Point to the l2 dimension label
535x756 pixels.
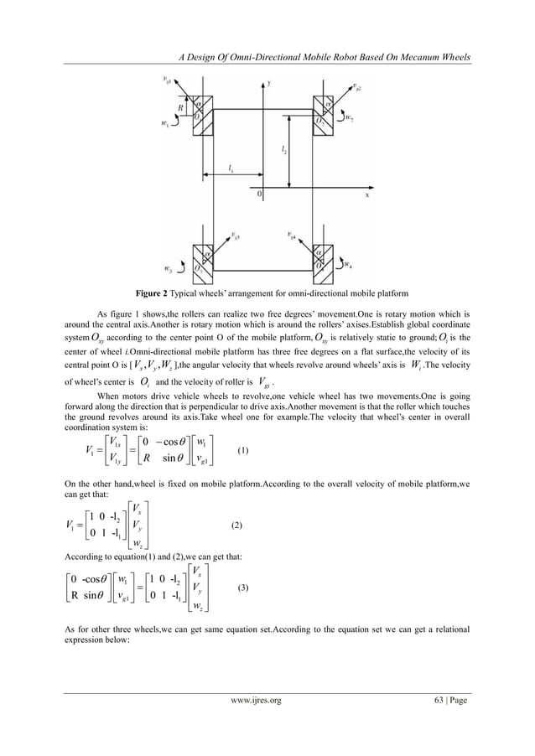tap(286, 151)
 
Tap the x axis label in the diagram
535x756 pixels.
tap(366, 192)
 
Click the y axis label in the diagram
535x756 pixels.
tap(268, 84)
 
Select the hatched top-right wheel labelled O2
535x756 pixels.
tap(325, 111)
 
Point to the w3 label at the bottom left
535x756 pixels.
tap(168, 269)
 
